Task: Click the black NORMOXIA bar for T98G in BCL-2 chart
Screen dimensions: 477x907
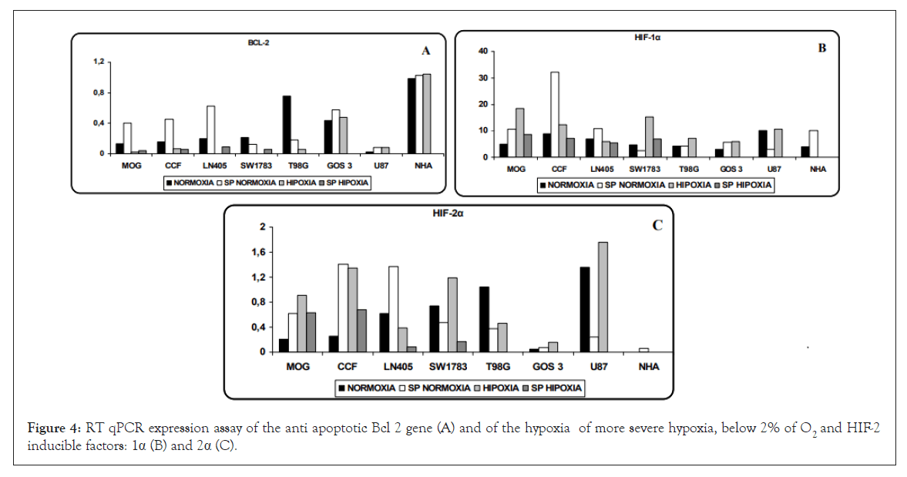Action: (287, 125)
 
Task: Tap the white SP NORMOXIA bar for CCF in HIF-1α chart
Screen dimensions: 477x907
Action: (555, 114)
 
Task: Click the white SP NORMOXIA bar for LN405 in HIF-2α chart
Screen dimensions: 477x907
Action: (394, 309)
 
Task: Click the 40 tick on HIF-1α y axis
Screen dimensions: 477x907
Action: (483, 51)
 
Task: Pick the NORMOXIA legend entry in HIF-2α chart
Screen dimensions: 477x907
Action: (364, 388)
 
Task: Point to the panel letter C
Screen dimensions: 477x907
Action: (657, 226)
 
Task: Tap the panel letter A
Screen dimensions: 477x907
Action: (425, 51)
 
